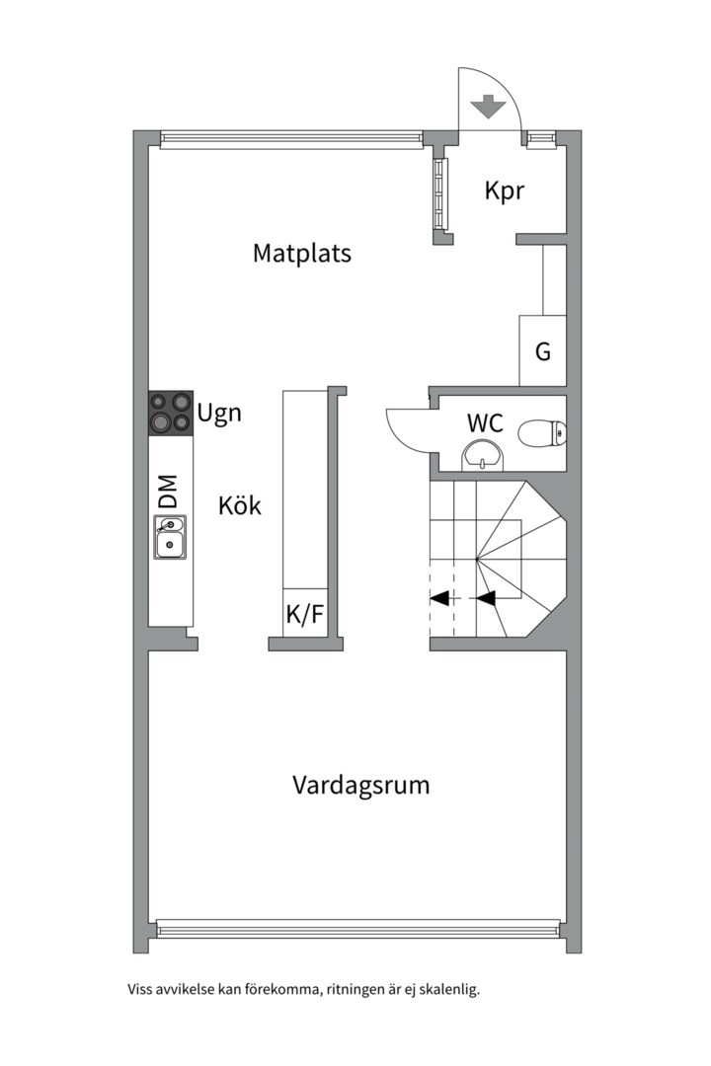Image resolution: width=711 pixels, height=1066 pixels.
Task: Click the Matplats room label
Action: [302, 253]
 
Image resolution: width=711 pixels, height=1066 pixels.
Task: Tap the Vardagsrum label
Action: [360, 786]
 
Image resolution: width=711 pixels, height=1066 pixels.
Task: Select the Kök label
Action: [240, 506]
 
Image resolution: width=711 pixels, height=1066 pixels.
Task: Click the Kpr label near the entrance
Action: [504, 190]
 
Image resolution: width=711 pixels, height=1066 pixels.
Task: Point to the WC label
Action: [485, 424]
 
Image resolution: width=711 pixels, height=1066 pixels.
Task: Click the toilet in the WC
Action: [543, 431]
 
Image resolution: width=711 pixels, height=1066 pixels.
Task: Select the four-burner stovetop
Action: [170, 413]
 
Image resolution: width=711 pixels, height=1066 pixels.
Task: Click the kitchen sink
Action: [170, 539]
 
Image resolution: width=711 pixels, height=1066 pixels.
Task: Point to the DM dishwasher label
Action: [169, 491]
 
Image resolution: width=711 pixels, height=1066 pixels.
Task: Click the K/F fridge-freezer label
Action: [304, 615]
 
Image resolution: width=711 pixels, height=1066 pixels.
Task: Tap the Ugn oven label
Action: [219, 413]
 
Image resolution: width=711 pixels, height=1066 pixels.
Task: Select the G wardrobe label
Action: [543, 351]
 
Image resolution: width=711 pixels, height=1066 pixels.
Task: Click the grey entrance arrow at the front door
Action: [485, 105]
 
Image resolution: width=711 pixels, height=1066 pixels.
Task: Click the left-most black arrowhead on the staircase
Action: [440, 597]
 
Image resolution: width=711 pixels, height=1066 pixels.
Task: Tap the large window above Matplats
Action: [291, 139]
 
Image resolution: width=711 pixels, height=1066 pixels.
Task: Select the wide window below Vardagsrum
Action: [357, 929]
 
